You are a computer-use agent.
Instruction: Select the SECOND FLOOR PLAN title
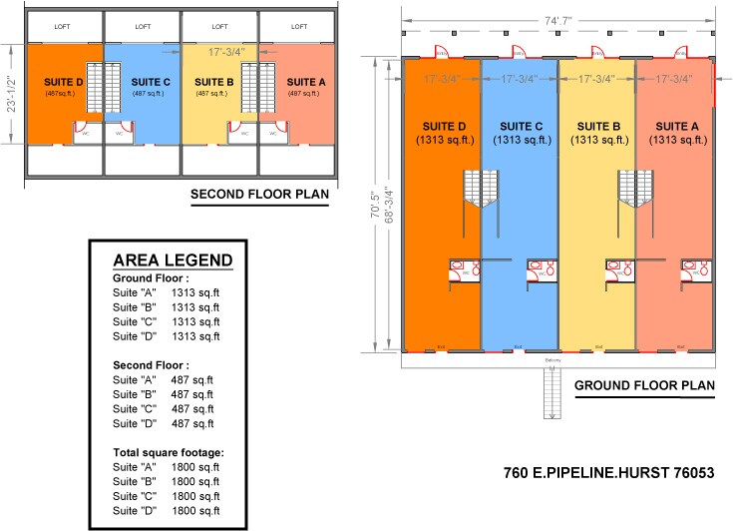coord(262,195)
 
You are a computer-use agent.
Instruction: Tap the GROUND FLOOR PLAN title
coord(644,384)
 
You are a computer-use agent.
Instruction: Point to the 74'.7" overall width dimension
coord(557,19)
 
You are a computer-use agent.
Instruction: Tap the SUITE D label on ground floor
coord(442,127)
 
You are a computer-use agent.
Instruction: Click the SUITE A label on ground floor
coord(675,127)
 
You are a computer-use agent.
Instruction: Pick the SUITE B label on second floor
coord(214,82)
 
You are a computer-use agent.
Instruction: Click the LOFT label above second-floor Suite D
coord(63,27)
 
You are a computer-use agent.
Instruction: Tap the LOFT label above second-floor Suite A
coord(298,27)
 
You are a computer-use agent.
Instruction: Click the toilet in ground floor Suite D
coord(462,268)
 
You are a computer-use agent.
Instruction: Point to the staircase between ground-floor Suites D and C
coord(481,190)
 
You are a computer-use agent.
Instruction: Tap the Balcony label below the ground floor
coord(553,359)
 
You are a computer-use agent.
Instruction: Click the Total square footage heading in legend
coord(168,452)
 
